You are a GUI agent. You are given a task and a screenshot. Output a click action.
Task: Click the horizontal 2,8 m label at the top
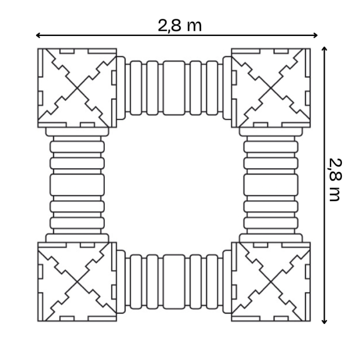click(179, 25)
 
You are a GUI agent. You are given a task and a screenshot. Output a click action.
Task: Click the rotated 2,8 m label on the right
click(335, 179)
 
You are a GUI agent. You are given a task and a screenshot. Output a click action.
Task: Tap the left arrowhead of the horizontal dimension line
click(38, 35)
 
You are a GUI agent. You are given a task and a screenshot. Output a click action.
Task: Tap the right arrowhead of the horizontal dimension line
click(317, 35)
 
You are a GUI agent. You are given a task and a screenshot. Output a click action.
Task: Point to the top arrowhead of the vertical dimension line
click(324, 48)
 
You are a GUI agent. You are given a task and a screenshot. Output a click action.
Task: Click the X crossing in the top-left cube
click(77, 88)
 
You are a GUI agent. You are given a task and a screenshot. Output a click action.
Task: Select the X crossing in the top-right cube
click(271, 88)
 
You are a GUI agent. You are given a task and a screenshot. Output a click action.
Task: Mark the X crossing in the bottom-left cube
click(77, 282)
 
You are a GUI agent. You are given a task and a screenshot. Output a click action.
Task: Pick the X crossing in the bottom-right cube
click(271, 282)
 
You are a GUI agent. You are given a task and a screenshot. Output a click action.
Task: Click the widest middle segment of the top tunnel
click(174, 87)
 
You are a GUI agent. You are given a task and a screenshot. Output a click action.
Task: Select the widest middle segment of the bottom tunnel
click(174, 281)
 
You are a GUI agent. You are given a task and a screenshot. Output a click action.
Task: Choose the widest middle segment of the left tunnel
click(77, 185)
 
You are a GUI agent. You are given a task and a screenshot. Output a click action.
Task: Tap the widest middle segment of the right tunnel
click(271, 185)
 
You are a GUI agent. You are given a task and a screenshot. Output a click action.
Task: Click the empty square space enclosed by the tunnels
click(174, 185)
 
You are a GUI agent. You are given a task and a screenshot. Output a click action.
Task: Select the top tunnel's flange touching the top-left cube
click(121, 87)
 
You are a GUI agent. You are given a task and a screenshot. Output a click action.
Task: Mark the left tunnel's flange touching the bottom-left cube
click(77, 238)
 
